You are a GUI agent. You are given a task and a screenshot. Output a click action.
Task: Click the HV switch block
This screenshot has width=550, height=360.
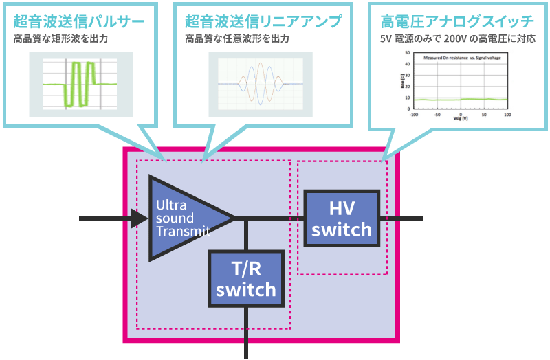pyautogui.click(x=342, y=218)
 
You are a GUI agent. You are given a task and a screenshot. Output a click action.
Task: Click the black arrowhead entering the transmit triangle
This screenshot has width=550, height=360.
pyautogui.click(x=140, y=218)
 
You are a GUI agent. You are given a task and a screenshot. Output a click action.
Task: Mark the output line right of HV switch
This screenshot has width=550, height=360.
pyautogui.click(x=402, y=218)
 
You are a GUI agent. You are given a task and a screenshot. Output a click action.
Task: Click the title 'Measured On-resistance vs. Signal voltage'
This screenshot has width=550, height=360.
pyautogui.click(x=461, y=58)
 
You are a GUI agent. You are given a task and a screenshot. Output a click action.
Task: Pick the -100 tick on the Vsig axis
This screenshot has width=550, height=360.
pyautogui.click(x=414, y=114)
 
